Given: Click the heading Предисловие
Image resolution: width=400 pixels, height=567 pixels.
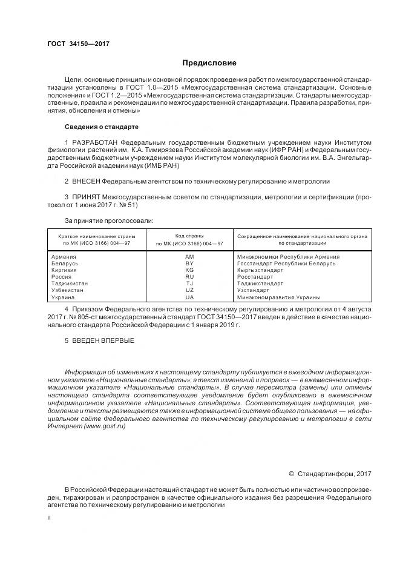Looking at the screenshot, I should (x=210, y=63).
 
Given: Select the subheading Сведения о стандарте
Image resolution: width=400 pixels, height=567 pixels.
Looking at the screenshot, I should (x=102, y=127).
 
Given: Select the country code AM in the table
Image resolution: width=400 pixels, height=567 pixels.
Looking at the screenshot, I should (x=189, y=257).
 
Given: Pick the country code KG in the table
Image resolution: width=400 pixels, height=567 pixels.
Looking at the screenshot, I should (x=189, y=270).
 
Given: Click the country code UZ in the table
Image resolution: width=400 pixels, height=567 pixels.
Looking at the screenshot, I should (x=189, y=290).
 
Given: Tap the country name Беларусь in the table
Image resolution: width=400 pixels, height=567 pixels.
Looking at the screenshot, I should (x=65, y=264).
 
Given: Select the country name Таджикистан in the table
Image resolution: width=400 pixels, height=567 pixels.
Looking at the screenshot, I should (x=70, y=283).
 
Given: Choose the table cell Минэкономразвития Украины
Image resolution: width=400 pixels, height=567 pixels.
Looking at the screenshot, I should (x=278, y=297).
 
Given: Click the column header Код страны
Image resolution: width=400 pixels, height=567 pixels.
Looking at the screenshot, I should (x=189, y=235).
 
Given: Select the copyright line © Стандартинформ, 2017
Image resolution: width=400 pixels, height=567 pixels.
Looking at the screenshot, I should (x=330, y=472).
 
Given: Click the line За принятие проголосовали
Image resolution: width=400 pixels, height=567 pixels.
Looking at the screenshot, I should (x=109, y=220).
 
